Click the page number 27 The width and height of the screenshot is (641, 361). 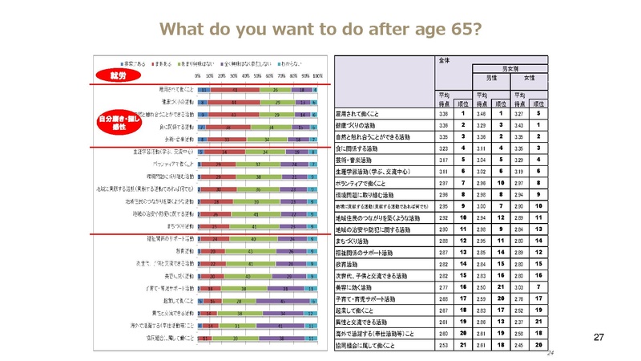597,338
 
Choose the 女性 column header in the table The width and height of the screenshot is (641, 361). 530,78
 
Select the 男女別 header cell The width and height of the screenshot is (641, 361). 510,69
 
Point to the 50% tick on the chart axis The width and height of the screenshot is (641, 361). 258,75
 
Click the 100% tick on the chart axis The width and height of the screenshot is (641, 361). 318,75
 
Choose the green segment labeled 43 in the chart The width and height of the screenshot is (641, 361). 255,239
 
